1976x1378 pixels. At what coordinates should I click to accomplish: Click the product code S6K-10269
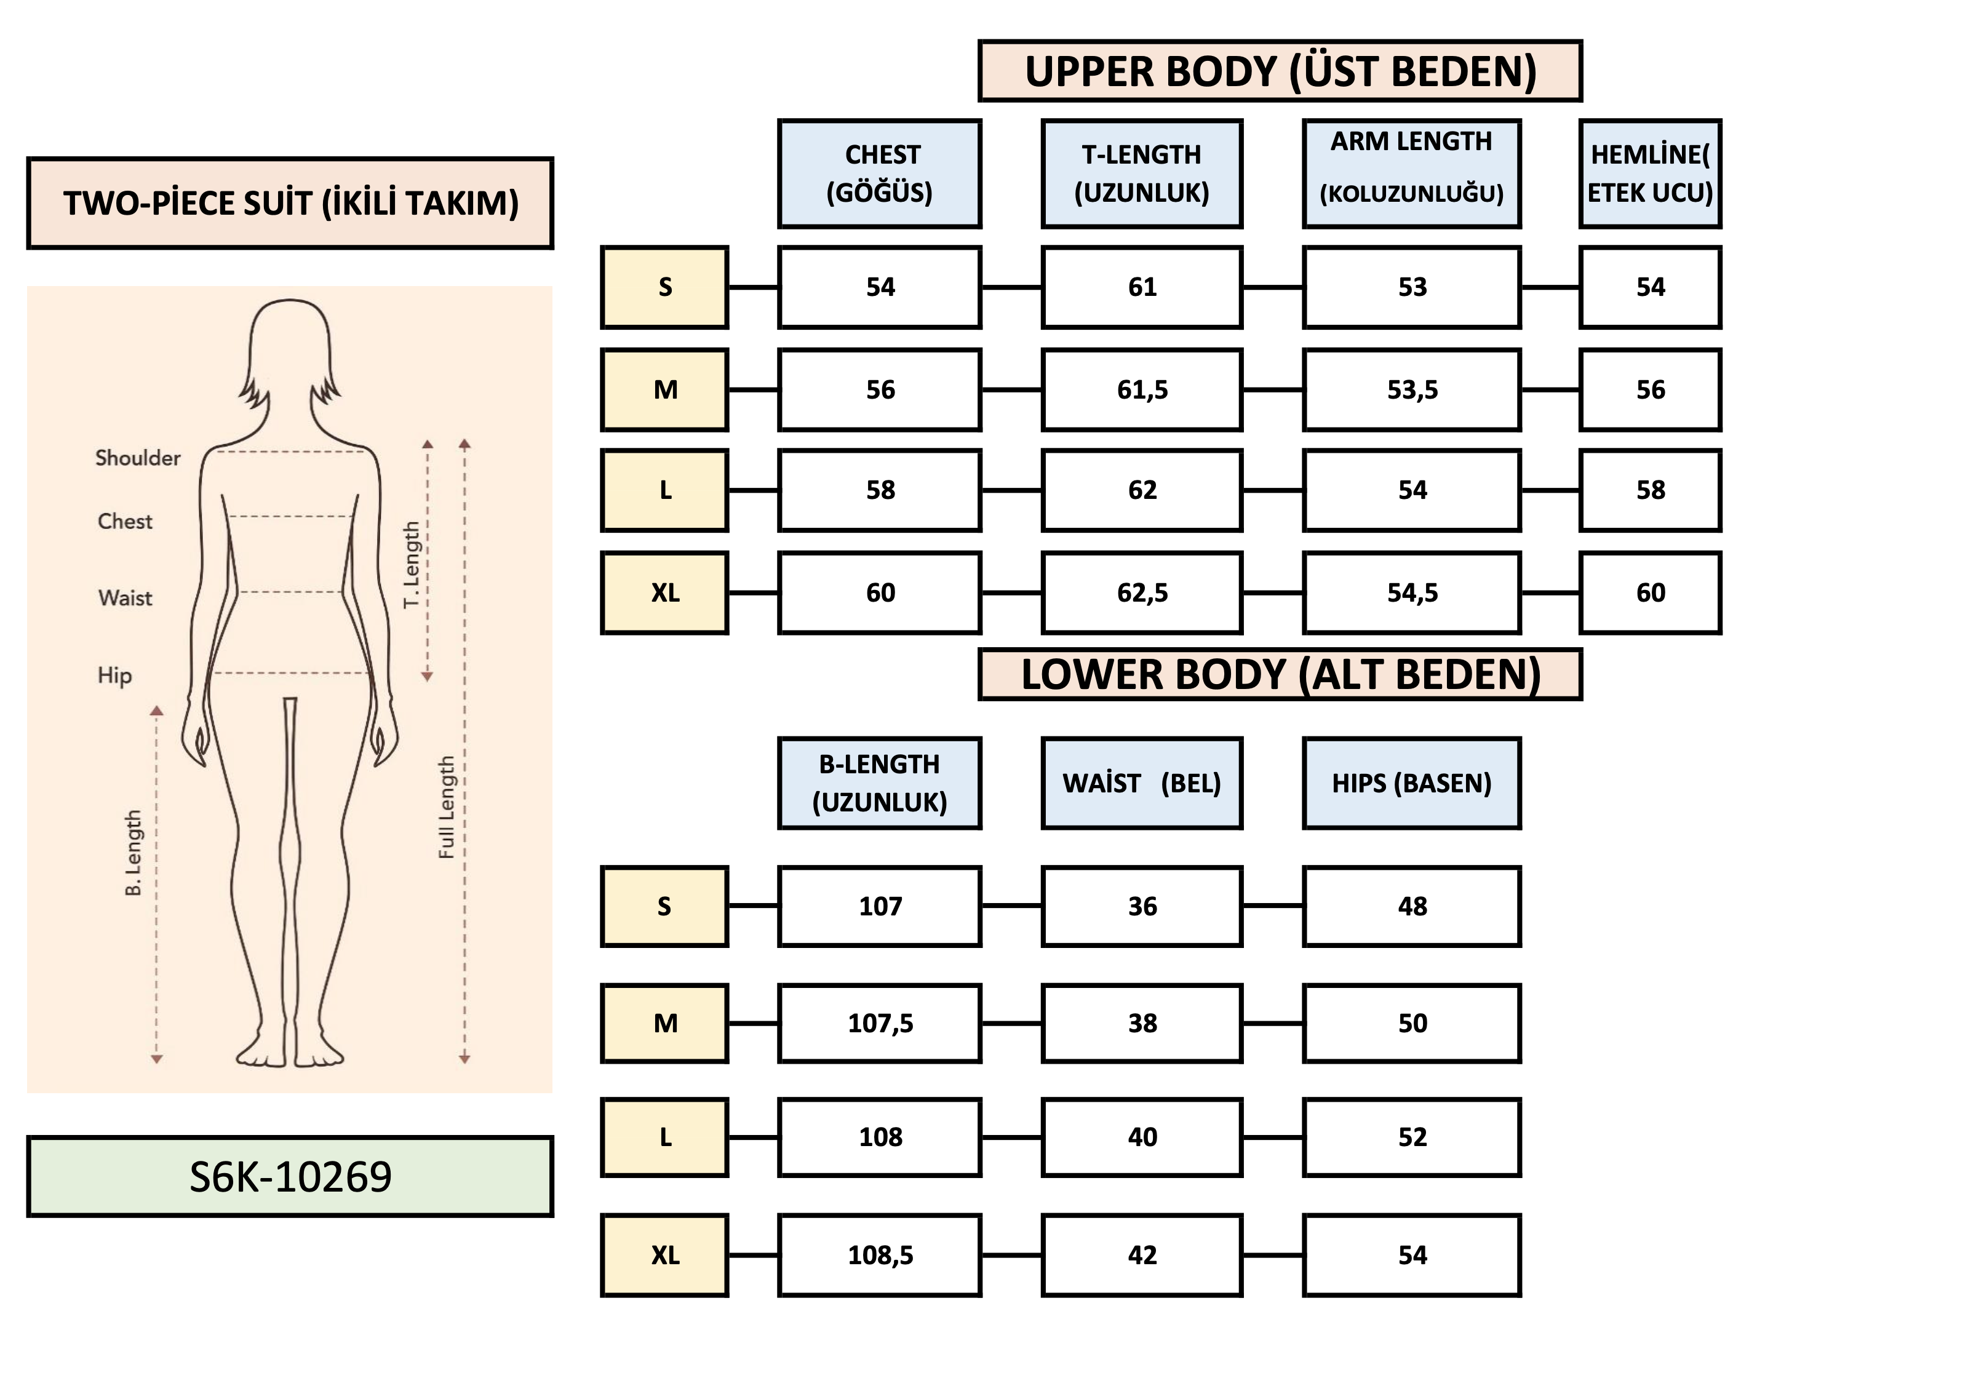click(x=290, y=1177)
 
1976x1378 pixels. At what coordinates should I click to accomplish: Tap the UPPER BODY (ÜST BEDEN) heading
click(x=1280, y=71)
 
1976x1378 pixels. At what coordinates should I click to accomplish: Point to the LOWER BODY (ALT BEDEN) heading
click(x=1280, y=675)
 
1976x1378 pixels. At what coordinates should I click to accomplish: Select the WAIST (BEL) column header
click(x=1142, y=783)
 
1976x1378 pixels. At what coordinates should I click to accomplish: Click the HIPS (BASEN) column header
click(x=1411, y=783)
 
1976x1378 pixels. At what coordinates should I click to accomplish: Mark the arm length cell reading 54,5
click(x=1411, y=593)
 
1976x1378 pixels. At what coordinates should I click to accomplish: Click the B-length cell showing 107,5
click(x=880, y=1024)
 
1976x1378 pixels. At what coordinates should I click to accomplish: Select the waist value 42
click(x=1142, y=1255)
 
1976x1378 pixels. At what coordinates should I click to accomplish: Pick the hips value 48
click(x=1411, y=906)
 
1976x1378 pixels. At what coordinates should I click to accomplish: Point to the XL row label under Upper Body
click(x=664, y=593)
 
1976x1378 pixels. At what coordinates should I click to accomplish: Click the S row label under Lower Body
click(x=664, y=906)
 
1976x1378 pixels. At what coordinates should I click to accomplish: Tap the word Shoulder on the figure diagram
click(x=138, y=458)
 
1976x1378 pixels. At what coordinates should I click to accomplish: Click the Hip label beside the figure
click(x=114, y=675)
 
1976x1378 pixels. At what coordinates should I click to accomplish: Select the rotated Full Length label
click(x=446, y=807)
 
